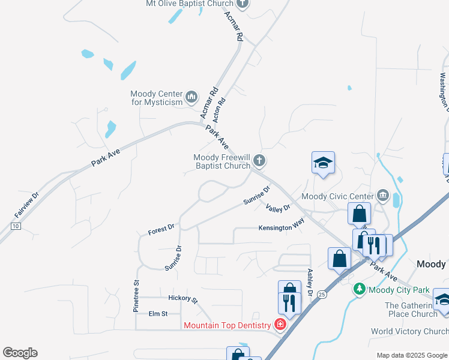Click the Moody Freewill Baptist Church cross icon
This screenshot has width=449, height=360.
pyautogui.click(x=259, y=160)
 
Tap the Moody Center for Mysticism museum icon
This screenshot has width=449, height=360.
pyautogui.click(x=191, y=96)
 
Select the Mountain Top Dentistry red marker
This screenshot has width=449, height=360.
pyautogui.click(x=280, y=325)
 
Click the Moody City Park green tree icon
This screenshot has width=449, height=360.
pyautogui.click(x=360, y=290)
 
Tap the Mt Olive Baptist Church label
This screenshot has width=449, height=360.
pyautogui.click(x=189, y=4)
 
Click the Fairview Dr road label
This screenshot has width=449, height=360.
pyautogui.click(x=27, y=205)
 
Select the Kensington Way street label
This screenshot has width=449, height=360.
pyautogui.click(x=282, y=228)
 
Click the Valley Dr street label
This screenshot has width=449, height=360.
pyautogui.click(x=278, y=208)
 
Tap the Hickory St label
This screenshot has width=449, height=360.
pyautogui.click(x=183, y=298)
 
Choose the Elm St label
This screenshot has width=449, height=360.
pyautogui.click(x=158, y=313)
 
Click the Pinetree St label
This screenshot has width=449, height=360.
pyautogui.click(x=136, y=295)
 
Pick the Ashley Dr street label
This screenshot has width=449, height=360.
pyautogui.click(x=310, y=281)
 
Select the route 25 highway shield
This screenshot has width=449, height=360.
pyautogui.click(x=322, y=295)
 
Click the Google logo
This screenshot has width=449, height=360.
pyautogui.click(x=20, y=353)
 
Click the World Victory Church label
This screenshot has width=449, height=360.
pyautogui.click(x=409, y=331)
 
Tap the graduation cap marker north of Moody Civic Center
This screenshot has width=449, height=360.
pyautogui.click(x=323, y=163)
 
